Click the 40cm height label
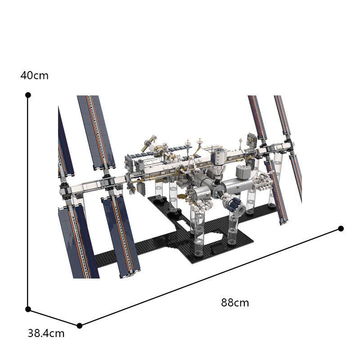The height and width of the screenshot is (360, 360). [x=34, y=76]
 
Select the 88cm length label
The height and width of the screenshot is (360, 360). [x=235, y=303]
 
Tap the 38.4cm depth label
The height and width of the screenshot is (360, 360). [x=46, y=333]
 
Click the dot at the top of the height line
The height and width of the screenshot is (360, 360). [x=28, y=95]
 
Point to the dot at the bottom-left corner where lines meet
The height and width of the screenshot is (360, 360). [x=28, y=309]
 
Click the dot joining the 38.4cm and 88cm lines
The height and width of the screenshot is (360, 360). [x=80, y=325]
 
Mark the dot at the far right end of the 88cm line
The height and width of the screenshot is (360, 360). [x=341, y=229]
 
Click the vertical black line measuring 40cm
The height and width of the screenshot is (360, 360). [x=28, y=202]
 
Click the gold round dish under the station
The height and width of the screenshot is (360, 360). [x=184, y=196]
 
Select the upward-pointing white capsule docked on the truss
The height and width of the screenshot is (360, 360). [x=218, y=157]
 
